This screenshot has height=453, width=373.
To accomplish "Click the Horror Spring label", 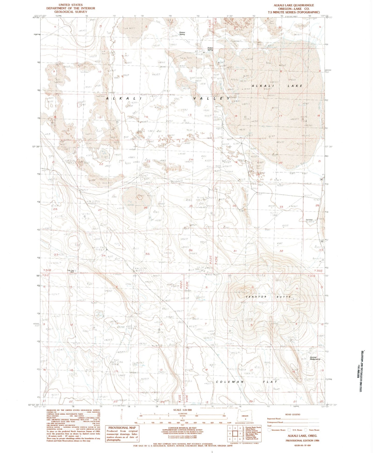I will click(x=182, y=33).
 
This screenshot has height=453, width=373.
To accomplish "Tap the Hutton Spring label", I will click(x=210, y=49).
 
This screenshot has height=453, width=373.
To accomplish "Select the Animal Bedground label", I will click(x=315, y=358).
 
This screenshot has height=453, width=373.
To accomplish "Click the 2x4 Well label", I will click(x=309, y=220).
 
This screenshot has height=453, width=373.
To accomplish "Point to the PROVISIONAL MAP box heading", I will click(x=122, y=428).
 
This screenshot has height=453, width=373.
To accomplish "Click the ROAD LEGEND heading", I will click(x=293, y=414).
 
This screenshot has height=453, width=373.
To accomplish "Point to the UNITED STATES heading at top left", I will click(x=71, y=5).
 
